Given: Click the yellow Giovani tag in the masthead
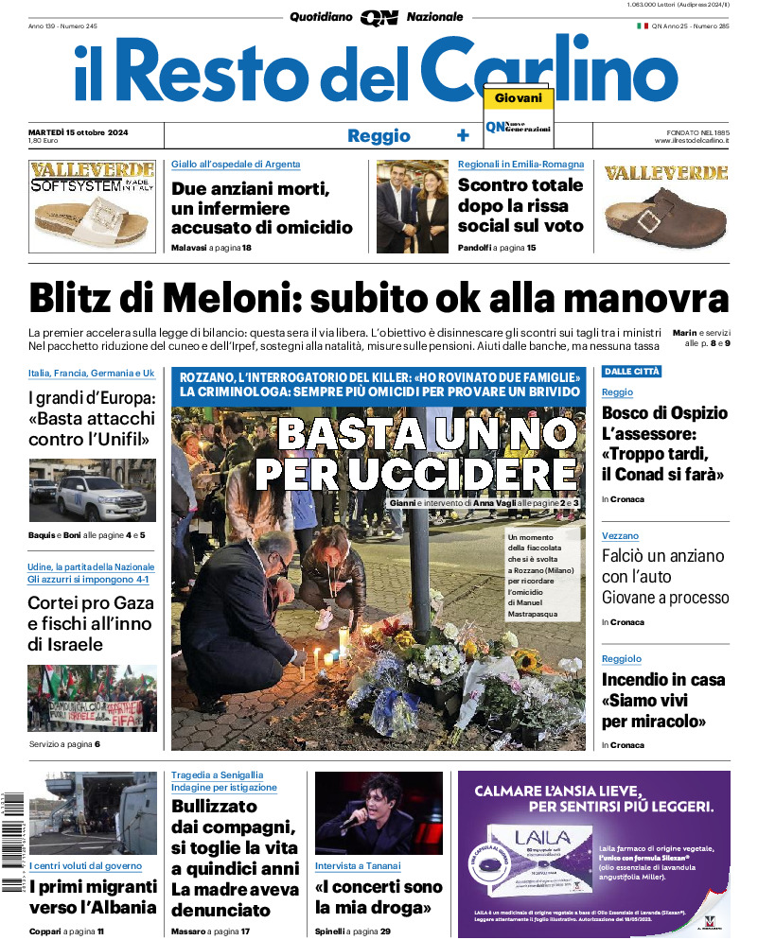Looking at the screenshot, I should [x=519, y=98].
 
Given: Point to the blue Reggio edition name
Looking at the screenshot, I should [x=379, y=135].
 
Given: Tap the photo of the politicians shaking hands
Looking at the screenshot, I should [x=412, y=206].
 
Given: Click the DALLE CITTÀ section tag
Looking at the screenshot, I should [x=631, y=372].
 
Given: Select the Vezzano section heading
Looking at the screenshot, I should [x=620, y=536].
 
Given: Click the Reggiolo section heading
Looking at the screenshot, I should [x=622, y=658].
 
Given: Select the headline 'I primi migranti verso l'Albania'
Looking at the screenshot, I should [x=93, y=897].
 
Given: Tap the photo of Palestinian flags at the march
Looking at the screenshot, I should [x=92, y=698].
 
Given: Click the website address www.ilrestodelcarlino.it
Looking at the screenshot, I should [x=691, y=141].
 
